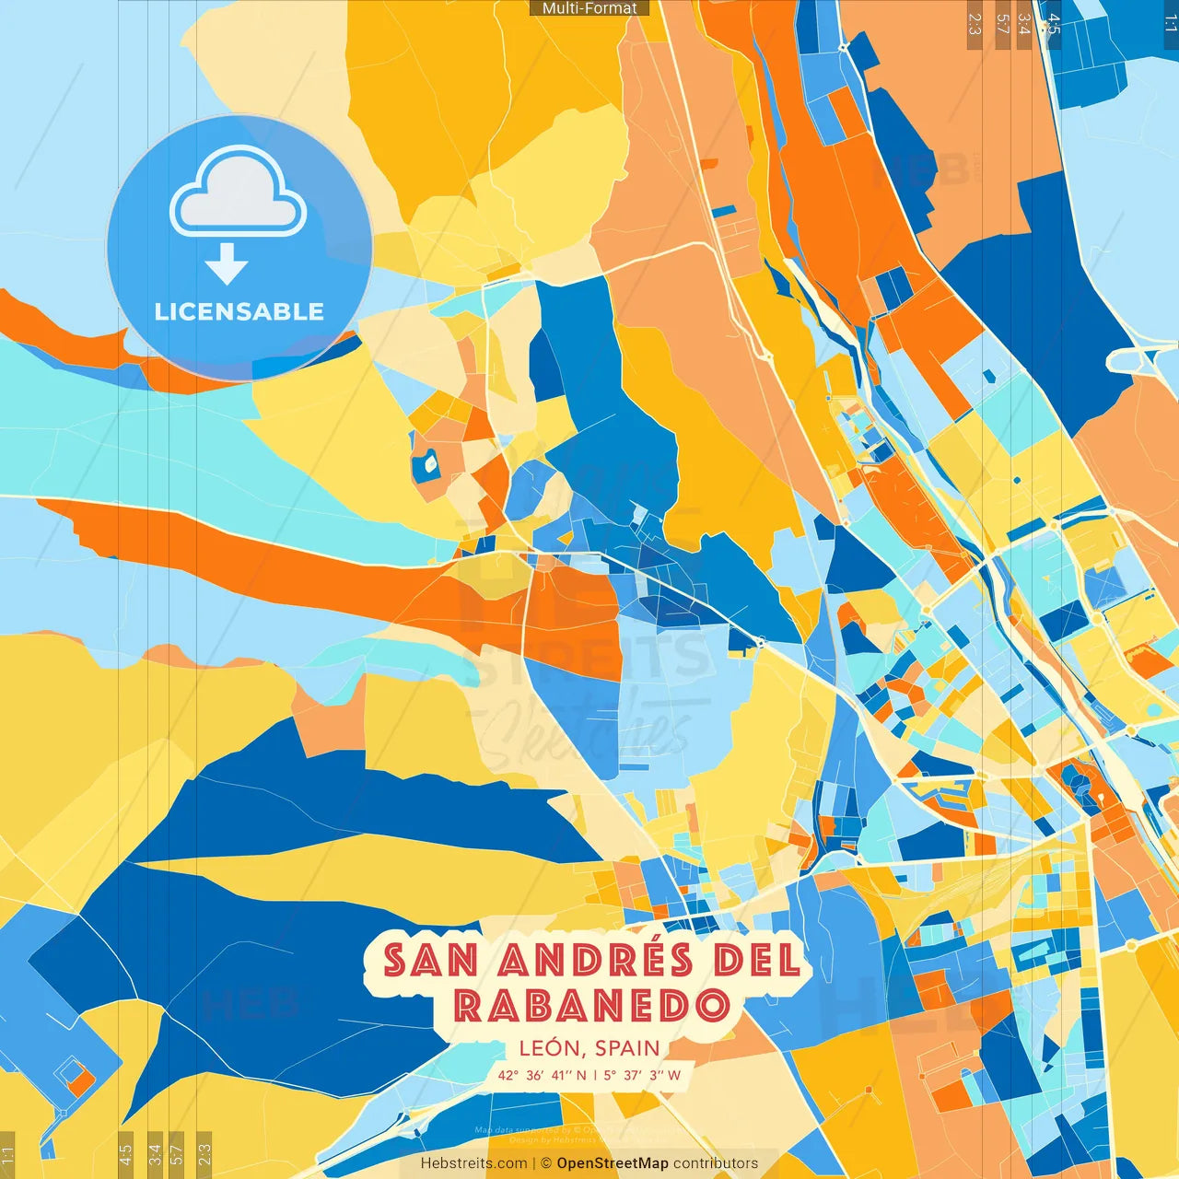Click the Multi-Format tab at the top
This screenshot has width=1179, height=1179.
589,8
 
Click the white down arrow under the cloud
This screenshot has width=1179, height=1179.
227,263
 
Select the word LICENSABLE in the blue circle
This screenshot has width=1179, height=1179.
239,311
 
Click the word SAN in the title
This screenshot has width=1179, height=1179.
430,961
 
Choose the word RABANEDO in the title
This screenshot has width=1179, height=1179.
591,1006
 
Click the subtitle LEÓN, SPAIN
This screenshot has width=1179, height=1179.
589,1048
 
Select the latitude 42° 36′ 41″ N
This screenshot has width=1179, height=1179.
542,1075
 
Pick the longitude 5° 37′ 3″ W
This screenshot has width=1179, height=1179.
642,1075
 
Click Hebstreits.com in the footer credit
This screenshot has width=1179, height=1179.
473,1163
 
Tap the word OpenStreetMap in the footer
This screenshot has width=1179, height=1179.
613,1163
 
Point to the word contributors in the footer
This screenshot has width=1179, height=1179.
716,1163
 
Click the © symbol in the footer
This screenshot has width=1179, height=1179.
546,1163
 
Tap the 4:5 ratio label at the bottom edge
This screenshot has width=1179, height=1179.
125,1152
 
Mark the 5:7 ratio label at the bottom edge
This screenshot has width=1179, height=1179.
177,1152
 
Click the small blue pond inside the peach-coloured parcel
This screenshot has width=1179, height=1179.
428,464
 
